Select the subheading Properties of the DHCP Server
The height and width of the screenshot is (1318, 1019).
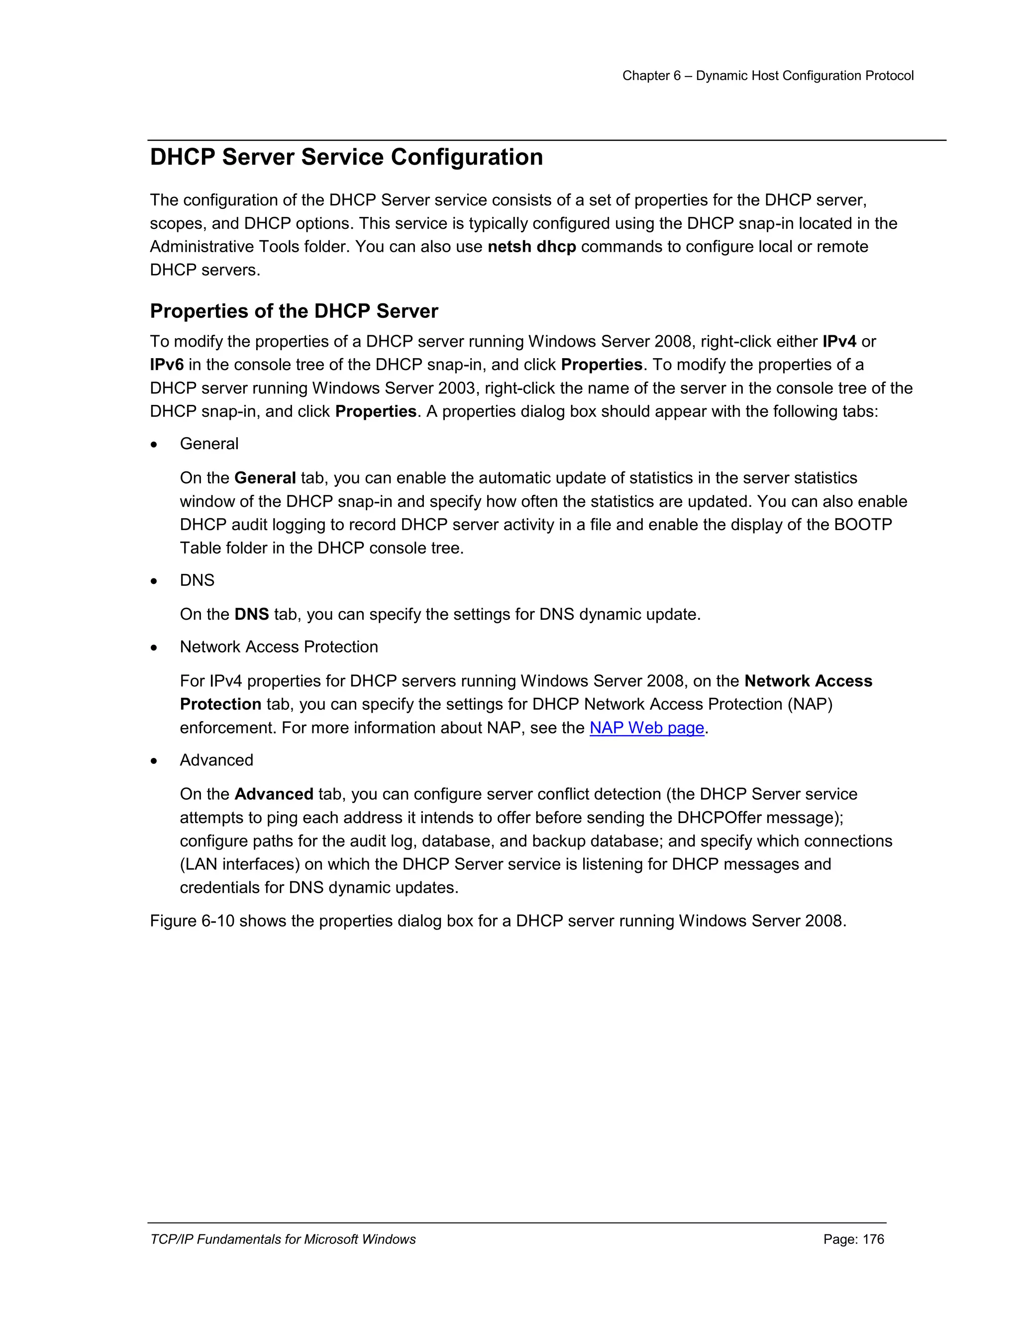pyautogui.click(x=294, y=311)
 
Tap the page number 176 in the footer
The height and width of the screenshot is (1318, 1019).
pyautogui.click(x=873, y=1239)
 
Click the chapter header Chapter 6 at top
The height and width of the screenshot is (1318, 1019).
pyautogui.click(x=651, y=76)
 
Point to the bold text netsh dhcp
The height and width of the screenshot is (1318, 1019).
pyautogui.click(x=531, y=247)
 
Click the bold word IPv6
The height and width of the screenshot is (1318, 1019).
pyautogui.click(x=167, y=365)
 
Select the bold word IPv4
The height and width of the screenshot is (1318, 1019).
pyautogui.click(x=839, y=342)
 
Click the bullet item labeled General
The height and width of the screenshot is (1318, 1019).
pyautogui.click(x=209, y=444)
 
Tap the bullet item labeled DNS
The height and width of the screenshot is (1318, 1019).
pyautogui.click(x=197, y=580)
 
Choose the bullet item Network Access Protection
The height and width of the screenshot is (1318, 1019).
pyautogui.click(x=279, y=647)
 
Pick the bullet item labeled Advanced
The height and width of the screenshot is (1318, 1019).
pyautogui.click(x=216, y=760)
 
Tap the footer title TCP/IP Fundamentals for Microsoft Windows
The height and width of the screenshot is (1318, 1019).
pyautogui.click(x=283, y=1239)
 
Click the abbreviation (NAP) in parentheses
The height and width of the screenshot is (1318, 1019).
pyautogui.click(x=810, y=705)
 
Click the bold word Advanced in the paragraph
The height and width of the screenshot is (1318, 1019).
pyautogui.click(x=274, y=795)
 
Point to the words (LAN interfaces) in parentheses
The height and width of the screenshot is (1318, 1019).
pyautogui.click(x=240, y=865)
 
